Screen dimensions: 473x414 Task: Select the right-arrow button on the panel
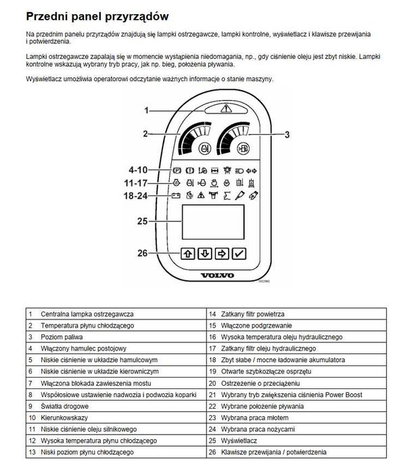point(221,254)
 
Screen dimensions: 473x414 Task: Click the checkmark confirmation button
point(238,254)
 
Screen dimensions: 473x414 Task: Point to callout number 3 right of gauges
point(287,135)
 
